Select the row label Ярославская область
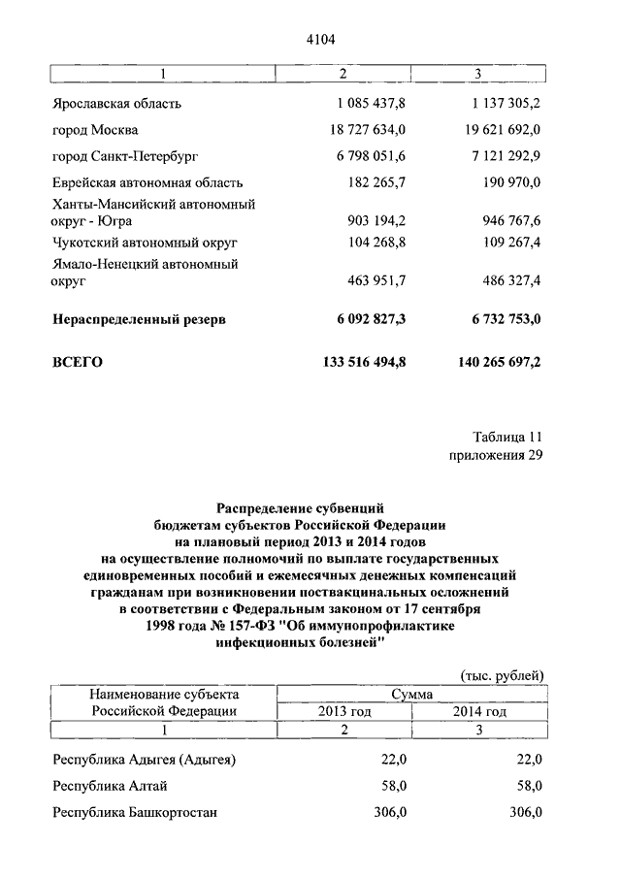[114, 102]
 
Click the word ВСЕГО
[76, 362]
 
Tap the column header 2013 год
[344, 711]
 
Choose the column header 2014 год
[479, 711]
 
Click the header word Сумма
[412, 694]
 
